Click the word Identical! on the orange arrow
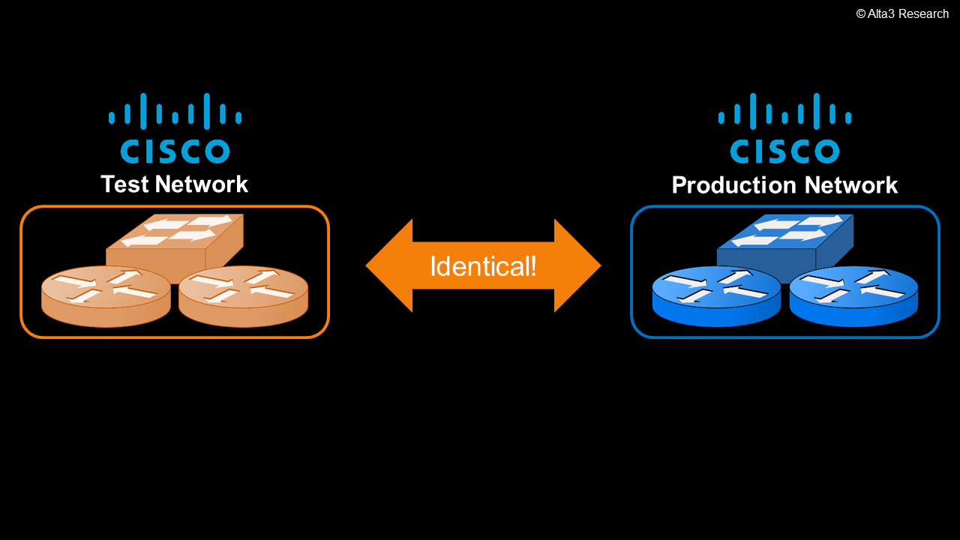click(483, 266)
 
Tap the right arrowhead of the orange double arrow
click(578, 265)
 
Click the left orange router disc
click(106, 297)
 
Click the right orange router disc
click(244, 297)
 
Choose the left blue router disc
click(716, 297)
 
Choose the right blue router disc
click(854, 297)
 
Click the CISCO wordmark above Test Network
click(175, 151)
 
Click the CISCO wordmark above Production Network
click(784, 151)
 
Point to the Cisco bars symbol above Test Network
click(175, 112)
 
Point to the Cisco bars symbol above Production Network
click(784, 112)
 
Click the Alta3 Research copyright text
click(902, 13)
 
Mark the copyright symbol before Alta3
click(861, 13)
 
